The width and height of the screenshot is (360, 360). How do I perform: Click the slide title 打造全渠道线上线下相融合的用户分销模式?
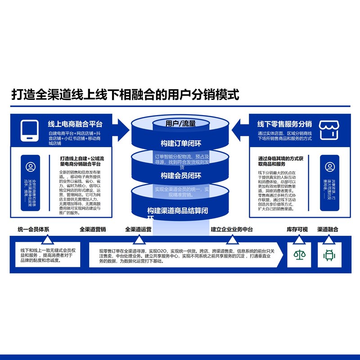[x=125, y=95]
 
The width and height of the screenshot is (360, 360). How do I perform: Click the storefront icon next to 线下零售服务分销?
[x=329, y=130]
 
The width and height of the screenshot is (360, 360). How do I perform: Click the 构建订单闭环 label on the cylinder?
[x=181, y=144]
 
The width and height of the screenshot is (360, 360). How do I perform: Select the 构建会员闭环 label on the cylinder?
[x=181, y=175]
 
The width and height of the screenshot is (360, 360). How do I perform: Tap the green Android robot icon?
[x=329, y=255]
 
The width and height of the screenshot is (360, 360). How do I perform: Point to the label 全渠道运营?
[x=138, y=229]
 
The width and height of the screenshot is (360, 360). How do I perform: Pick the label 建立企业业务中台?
[x=232, y=229]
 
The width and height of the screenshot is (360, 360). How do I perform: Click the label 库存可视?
[x=297, y=229]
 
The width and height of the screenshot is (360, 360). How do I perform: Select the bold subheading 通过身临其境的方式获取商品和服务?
[x=283, y=162]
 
